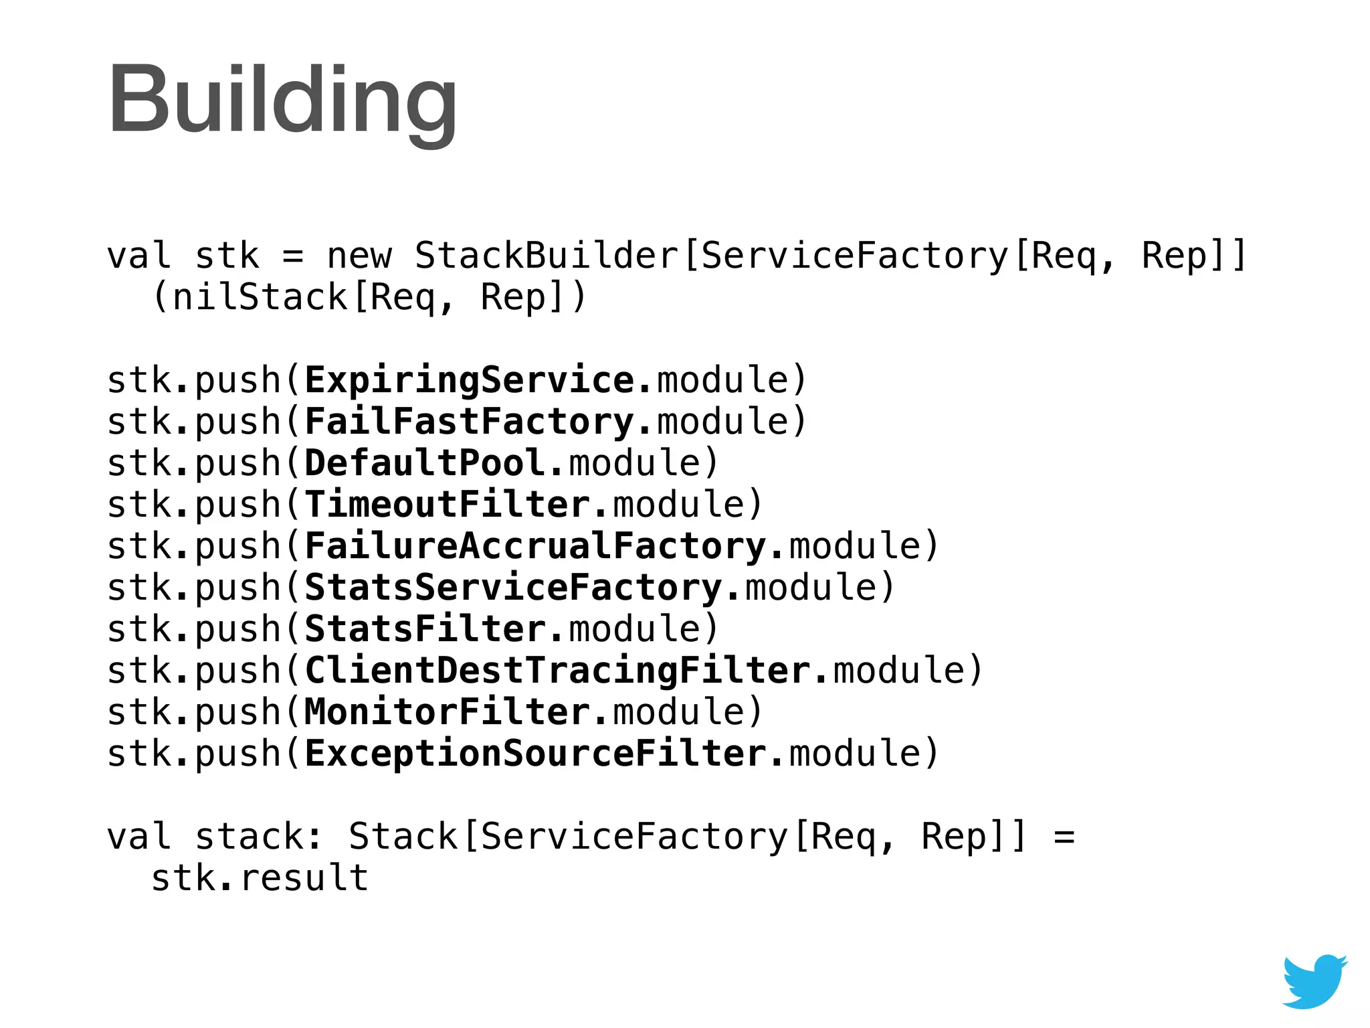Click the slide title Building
(282, 100)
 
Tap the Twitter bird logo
(1314, 981)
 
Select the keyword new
(359, 256)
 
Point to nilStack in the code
(260, 297)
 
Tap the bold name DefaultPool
(425, 463)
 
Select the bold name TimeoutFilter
(448, 505)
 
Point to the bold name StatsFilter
(425, 629)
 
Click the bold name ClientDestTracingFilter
(557, 671)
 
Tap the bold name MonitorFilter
(448, 712)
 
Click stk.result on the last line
(260, 878)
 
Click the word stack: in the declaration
(260, 837)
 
